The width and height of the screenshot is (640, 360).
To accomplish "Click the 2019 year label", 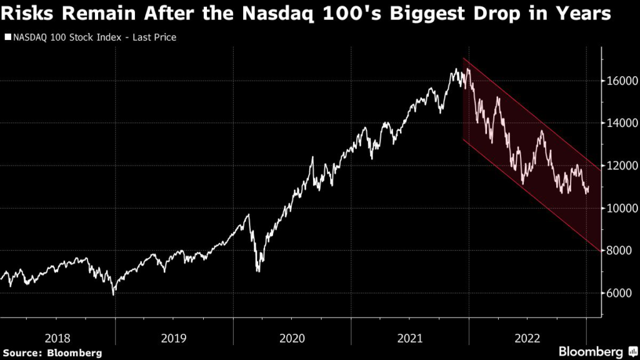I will point(174,338).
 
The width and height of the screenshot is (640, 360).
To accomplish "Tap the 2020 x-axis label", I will point(292,338).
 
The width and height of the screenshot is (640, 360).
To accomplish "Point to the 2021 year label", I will point(409,338).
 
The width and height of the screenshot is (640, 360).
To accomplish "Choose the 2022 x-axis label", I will point(527,338).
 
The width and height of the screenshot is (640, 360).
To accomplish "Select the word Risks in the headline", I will point(28,14).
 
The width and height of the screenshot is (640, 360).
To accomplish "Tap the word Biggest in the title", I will point(466,14).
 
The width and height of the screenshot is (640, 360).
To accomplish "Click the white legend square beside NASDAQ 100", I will point(7,37).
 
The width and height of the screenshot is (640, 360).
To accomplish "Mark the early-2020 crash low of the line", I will point(257,271).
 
